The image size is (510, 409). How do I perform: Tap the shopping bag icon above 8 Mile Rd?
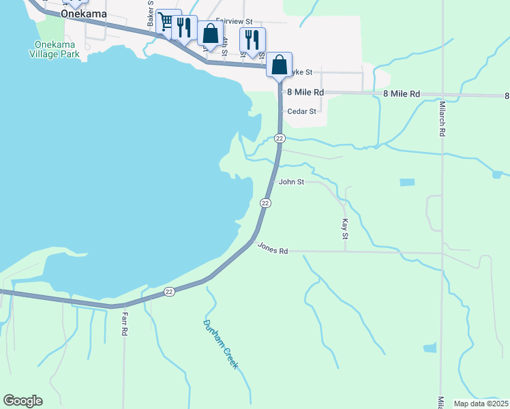coord(279,65)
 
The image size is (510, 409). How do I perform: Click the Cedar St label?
coord(302,111)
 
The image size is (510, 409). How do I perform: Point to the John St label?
coord(292,182)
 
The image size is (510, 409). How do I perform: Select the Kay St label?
coord(344,229)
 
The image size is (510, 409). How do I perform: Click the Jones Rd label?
coord(273,249)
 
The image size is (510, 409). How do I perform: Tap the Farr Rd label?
coord(125,324)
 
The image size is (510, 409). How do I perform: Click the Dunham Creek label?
coord(221,344)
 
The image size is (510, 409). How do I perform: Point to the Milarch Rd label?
coord(442,119)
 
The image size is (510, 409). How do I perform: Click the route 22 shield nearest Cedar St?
coord(280,138)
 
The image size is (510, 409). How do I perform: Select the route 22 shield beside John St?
coord(265,203)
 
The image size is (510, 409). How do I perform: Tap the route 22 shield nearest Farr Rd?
coord(170,292)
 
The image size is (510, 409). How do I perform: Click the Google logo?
coord(22,401)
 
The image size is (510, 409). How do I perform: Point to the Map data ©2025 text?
coord(480,404)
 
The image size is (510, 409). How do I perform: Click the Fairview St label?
coord(234,22)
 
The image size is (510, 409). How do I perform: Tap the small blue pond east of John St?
coord(407,183)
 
